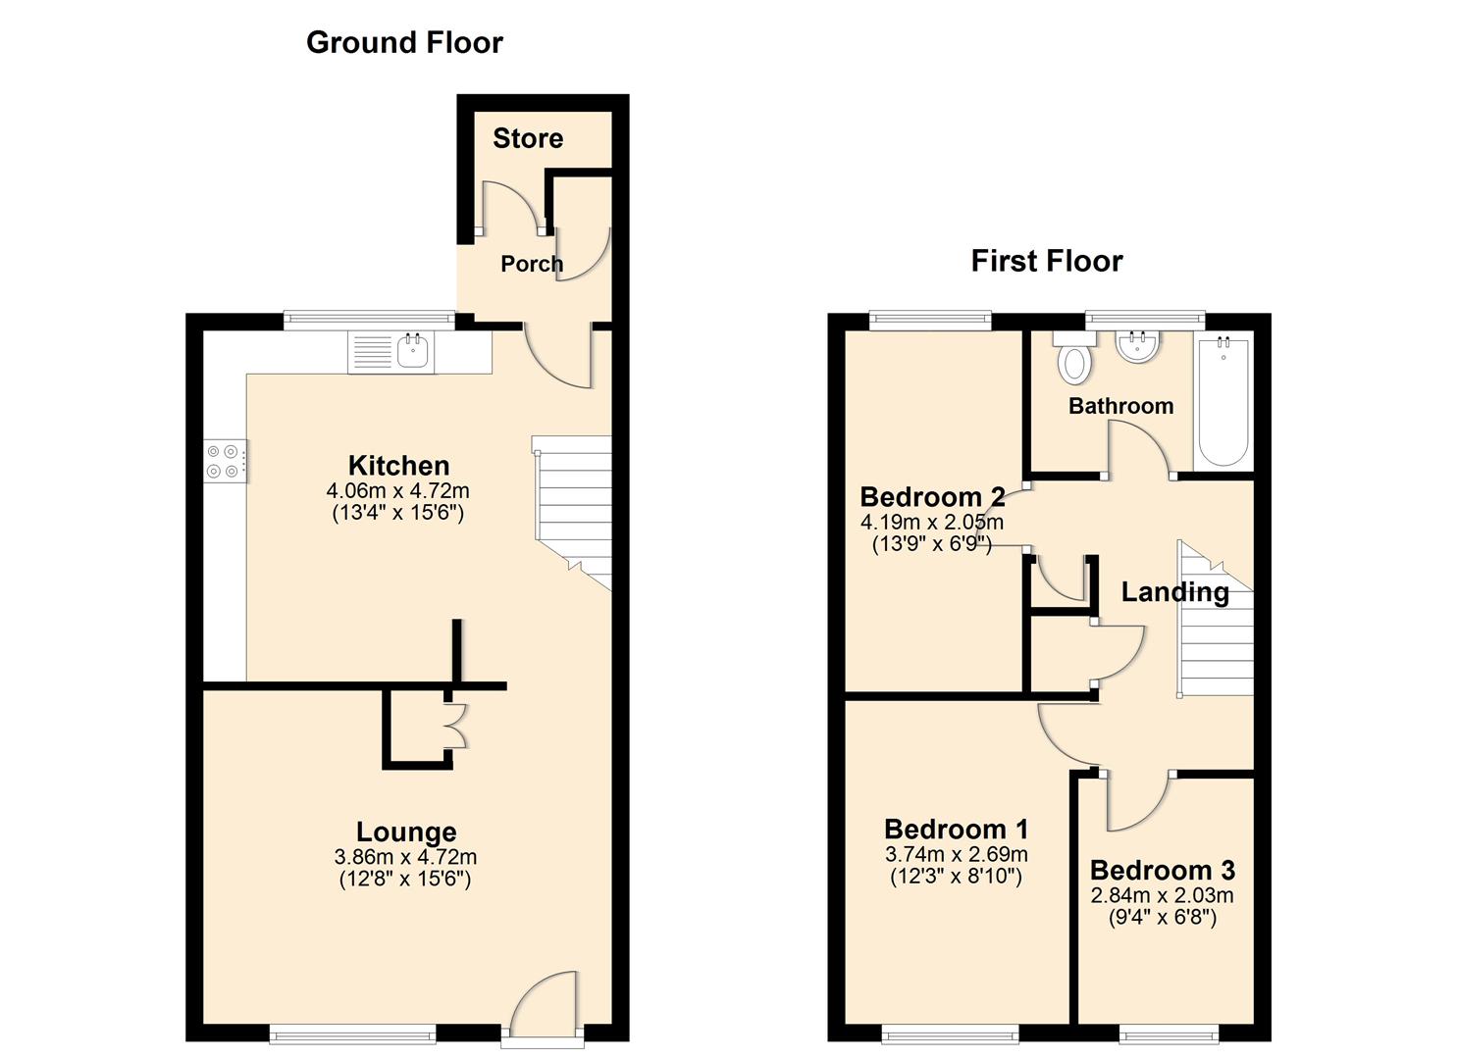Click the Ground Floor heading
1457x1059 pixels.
tap(404, 42)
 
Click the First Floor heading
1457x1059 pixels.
tap(1046, 261)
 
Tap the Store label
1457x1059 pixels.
tap(528, 138)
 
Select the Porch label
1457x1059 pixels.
tap(532, 264)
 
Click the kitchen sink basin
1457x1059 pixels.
tap(414, 351)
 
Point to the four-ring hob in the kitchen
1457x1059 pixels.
tap(224, 461)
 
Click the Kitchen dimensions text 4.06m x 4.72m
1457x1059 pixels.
tap(398, 490)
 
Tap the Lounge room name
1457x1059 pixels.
tap(405, 832)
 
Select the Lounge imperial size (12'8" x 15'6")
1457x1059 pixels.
tap(405, 879)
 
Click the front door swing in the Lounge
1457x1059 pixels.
tap(546, 1002)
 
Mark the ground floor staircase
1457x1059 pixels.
tap(573, 510)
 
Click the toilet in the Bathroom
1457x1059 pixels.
tap(1074, 360)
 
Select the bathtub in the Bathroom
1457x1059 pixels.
tap(1223, 402)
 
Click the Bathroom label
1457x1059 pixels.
tap(1120, 406)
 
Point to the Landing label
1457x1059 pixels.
tap(1174, 592)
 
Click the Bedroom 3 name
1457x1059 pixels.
tap(1162, 871)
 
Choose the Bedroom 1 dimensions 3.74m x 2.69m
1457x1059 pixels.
tap(956, 854)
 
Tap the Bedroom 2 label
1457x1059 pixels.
tap(932, 497)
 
